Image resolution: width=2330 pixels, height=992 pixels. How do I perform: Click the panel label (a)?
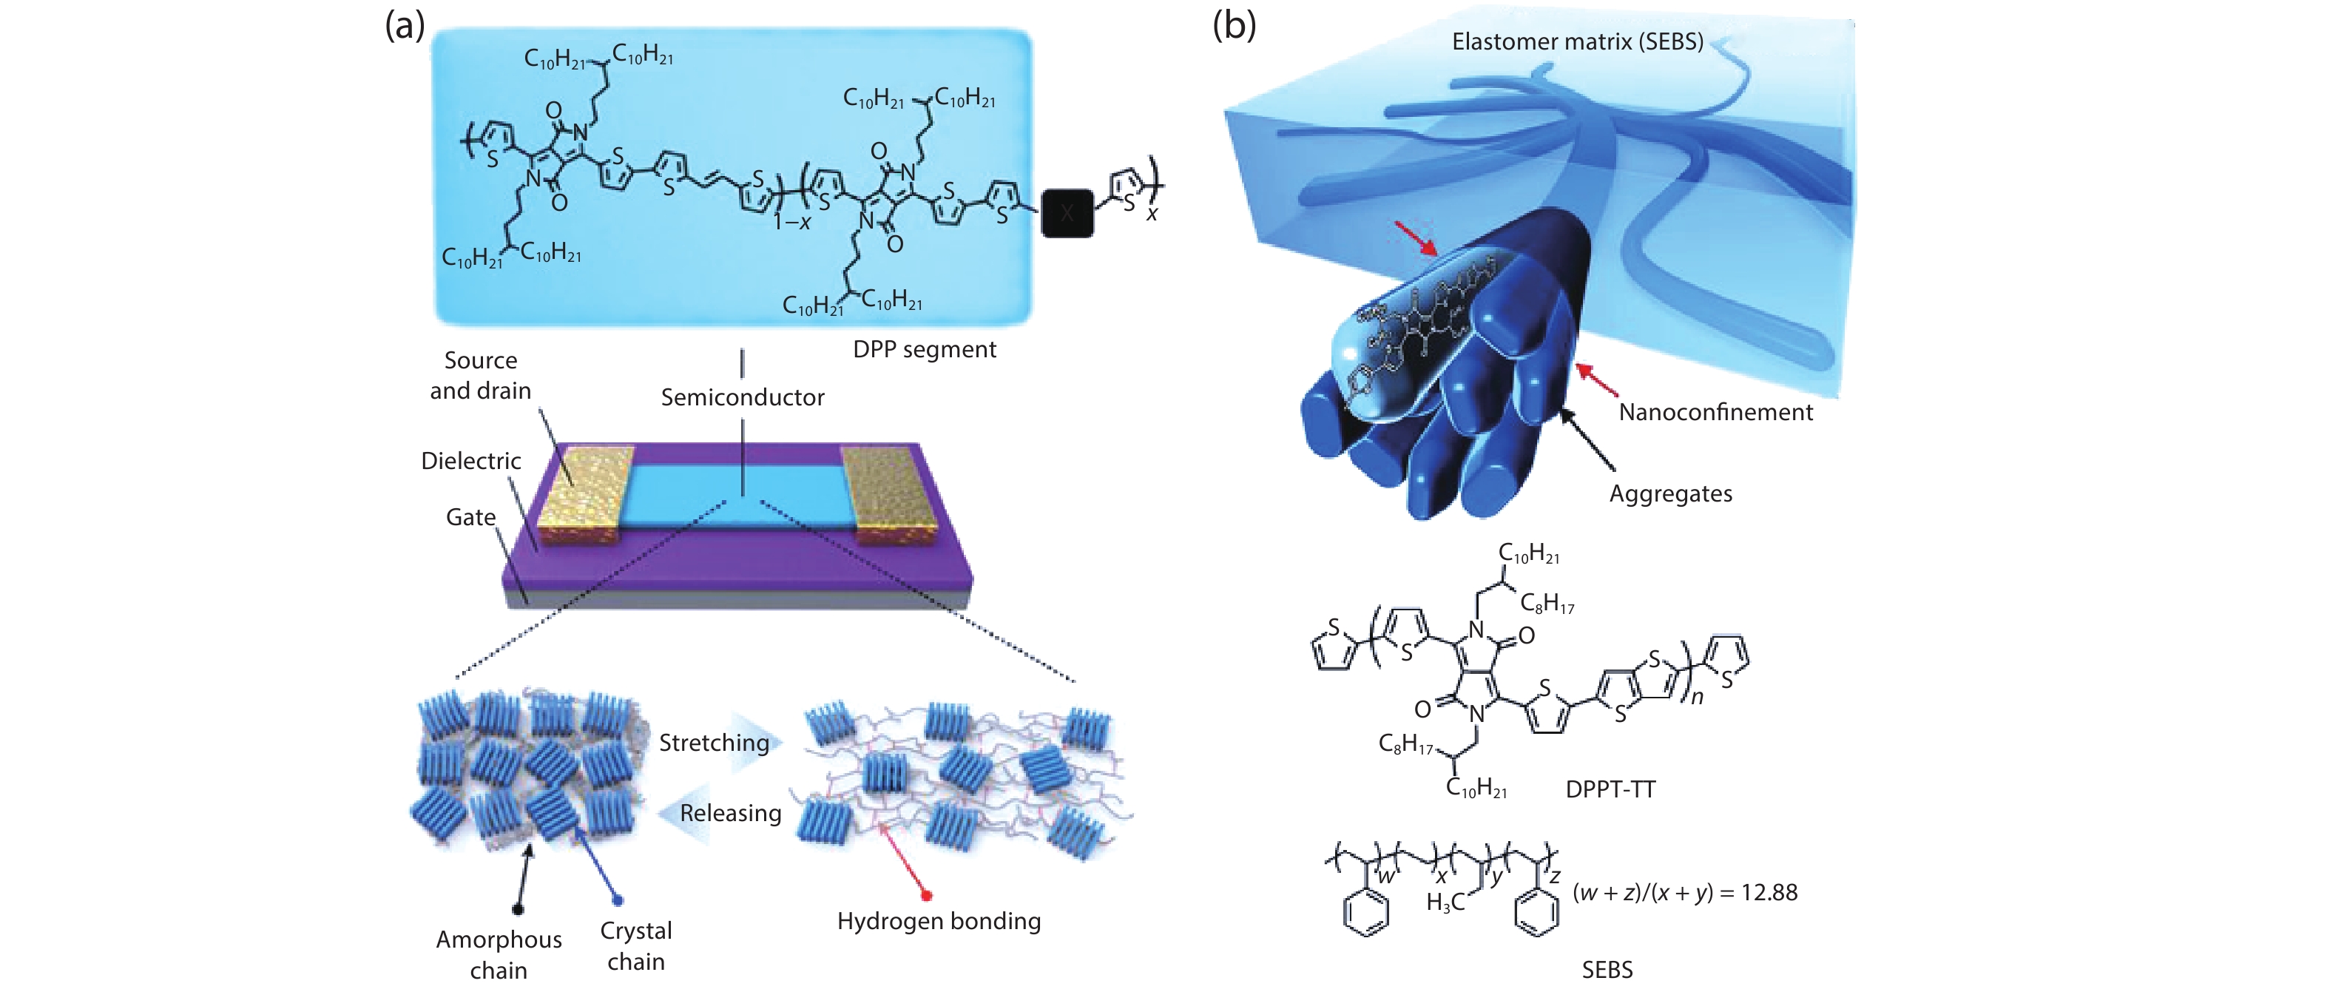(x=405, y=25)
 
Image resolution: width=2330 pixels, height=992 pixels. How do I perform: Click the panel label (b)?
(x=1234, y=25)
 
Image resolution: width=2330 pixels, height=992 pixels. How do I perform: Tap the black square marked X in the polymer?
(x=1067, y=213)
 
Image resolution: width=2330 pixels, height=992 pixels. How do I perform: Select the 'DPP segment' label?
(x=924, y=350)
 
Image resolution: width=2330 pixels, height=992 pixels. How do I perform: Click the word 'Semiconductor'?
(x=742, y=397)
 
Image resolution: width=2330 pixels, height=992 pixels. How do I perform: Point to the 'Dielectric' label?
(x=470, y=461)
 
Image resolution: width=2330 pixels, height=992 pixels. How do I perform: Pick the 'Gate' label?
(x=470, y=517)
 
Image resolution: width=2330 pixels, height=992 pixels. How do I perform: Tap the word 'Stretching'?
(x=714, y=743)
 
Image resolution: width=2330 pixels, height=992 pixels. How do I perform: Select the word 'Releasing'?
(x=730, y=813)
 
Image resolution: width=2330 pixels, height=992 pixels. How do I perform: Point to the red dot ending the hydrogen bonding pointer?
(x=926, y=895)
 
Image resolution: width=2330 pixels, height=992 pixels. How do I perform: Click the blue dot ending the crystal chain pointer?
(x=618, y=900)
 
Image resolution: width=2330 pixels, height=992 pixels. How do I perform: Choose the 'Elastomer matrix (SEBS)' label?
(x=1578, y=41)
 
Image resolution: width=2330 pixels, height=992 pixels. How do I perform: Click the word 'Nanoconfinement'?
(x=1715, y=412)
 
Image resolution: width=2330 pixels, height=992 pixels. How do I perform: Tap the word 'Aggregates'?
(x=1671, y=493)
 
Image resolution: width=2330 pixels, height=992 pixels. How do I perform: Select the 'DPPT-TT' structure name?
(x=1610, y=789)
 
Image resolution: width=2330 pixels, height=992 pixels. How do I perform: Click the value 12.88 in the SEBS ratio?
(x=1769, y=893)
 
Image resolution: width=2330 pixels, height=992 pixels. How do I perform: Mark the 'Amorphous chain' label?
(x=499, y=955)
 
